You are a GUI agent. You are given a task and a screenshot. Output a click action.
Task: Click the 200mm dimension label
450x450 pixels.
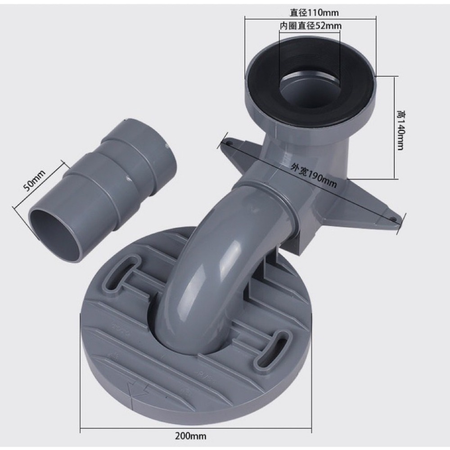click(x=190, y=436)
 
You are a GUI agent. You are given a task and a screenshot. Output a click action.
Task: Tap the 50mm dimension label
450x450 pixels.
click(x=34, y=181)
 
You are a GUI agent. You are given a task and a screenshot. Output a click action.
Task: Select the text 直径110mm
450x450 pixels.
click(x=314, y=13)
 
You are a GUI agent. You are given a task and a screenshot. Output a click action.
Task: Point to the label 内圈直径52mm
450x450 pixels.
click(x=311, y=26)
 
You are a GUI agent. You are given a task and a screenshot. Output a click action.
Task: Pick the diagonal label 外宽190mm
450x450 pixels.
click(x=313, y=175)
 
